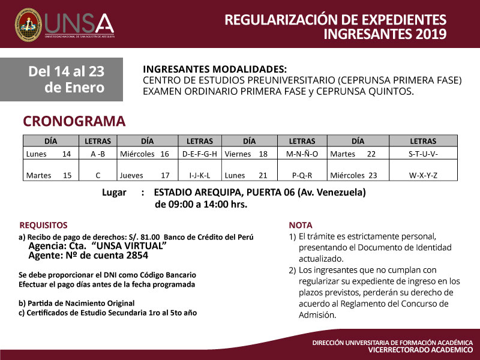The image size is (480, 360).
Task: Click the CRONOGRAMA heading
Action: click(74, 121)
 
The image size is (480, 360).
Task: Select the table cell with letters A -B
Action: click(98, 154)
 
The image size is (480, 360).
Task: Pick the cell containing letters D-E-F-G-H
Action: click(199, 154)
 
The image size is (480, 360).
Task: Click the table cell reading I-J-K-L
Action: click(199, 176)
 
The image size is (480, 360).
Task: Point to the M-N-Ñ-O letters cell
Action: click(302, 154)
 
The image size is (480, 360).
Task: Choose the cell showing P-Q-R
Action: click(302, 176)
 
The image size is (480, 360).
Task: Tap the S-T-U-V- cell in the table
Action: click(423, 154)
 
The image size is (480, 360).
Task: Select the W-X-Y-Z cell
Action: click(423, 176)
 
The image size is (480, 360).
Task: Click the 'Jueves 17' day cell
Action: click(145, 176)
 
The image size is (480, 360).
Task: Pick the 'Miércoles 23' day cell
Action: click(354, 176)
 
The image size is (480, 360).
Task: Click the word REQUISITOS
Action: click(44, 225)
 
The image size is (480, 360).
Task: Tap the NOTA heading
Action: click(301, 225)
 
